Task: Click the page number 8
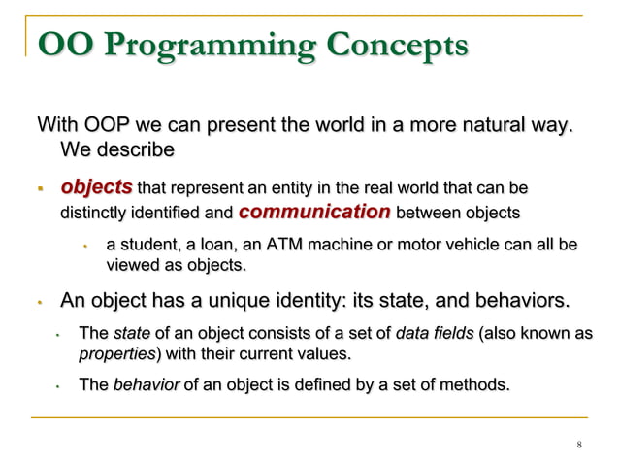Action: point(578,446)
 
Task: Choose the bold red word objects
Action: point(96,186)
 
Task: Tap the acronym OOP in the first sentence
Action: point(103,125)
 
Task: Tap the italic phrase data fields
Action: point(435,334)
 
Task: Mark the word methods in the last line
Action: point(474,385)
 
